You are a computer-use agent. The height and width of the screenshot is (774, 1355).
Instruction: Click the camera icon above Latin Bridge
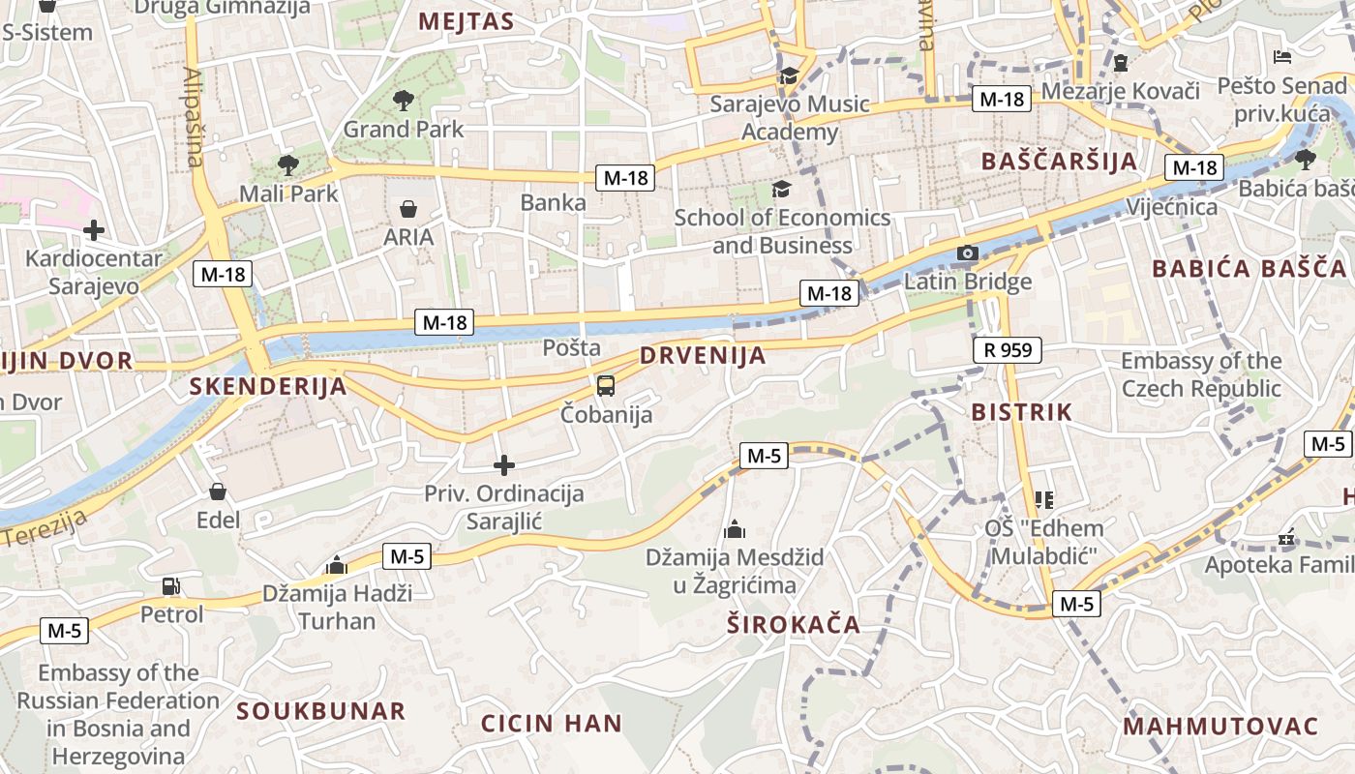pos(967,253)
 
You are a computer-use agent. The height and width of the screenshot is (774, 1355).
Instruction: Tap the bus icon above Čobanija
pos(606,386)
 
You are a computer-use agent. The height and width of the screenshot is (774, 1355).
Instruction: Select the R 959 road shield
pos(1007,350)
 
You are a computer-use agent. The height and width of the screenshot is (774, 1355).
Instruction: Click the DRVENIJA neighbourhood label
pos(703,356)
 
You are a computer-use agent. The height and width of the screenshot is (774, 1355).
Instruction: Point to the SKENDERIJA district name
pos(268,387)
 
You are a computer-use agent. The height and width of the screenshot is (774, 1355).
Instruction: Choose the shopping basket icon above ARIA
pos(408,209)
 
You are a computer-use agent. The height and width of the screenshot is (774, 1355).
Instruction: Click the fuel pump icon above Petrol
pos(171,585)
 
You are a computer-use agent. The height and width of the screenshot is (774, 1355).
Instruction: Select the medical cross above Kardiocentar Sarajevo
pos(94,230)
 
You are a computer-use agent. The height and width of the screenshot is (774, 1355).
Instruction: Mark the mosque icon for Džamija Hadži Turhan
pos(337,565)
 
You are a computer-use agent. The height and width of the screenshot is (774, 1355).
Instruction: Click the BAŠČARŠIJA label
pos(1059,162)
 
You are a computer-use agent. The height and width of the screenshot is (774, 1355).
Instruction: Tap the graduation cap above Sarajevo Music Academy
pos(790,76)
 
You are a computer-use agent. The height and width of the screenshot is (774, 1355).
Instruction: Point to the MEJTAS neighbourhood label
pos(466,22)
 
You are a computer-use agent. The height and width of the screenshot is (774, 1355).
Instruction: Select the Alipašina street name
pos(195,117)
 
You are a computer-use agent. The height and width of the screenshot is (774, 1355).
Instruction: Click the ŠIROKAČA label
pos(794,625)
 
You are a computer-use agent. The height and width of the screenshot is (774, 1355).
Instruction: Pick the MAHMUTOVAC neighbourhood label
pos(1220,727)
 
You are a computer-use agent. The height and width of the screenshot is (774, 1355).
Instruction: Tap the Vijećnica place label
pos(1172,207)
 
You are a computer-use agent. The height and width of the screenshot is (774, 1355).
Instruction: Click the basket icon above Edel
pos(218,492)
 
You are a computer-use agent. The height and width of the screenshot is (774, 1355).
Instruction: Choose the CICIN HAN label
pos(552,724)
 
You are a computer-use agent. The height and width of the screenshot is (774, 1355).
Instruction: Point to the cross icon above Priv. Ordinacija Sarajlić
pos(504,466)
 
